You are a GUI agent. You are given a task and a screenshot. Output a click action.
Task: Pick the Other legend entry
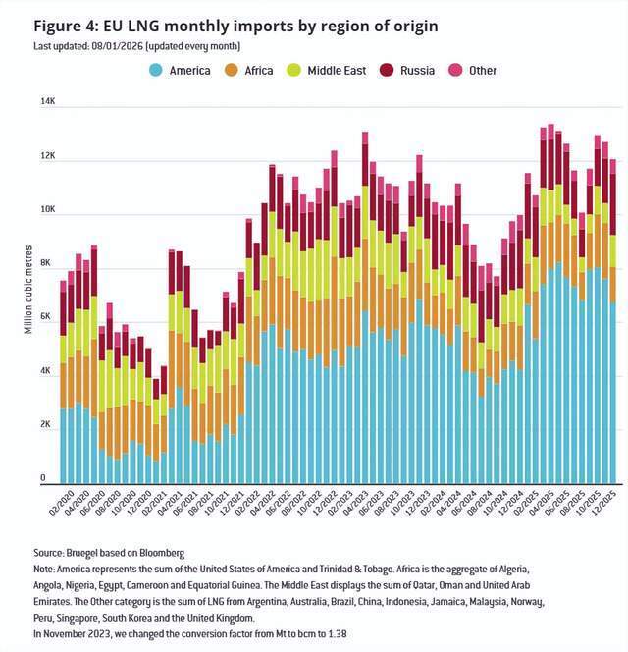click(482, 70)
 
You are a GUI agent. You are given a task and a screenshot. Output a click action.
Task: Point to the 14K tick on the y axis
click(47, 102)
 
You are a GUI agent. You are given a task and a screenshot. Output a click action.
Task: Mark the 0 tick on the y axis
click(42, 478)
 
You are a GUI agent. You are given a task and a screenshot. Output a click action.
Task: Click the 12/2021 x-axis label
click(234, 501)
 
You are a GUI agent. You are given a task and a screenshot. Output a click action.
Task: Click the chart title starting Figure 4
click(222, 25)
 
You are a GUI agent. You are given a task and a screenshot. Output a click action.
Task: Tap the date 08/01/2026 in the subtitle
click(145, 45)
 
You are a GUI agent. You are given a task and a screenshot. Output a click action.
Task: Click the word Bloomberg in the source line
click(159, 554)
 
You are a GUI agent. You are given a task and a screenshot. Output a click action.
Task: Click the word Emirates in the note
click(57, 601)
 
